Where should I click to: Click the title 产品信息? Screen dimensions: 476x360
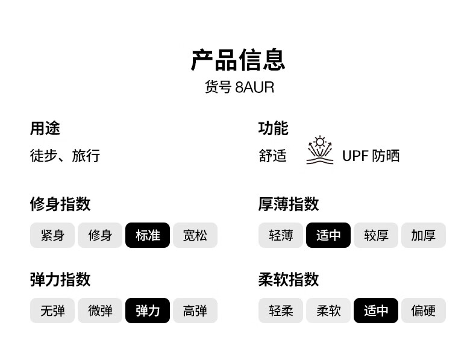pyautogui.click(x=238, y=60)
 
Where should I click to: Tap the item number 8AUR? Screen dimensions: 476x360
pyautogui.click(x=254, y=87)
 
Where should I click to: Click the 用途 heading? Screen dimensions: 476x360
pyautogui.click(x=45, y=128)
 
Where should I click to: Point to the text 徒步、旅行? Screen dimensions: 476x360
pyautogui.click(x=65, y=156)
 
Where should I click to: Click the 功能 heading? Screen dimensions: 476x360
pyautogui.click(x=273, y=128)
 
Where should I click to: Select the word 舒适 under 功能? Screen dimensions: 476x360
pyautogui.click(x=272, y=156)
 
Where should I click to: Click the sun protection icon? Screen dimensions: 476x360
pyautogui.click(x=320, y=150)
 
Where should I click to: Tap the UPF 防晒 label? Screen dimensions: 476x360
pyautogui.click(x=371, y=156)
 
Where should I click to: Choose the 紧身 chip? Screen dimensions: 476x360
pyautogui.click(x=52, y=235)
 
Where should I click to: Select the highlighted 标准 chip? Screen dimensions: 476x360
pyautogui.click(x=148, y=235)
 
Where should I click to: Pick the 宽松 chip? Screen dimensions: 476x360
pyautogui.click(x=195, y=235)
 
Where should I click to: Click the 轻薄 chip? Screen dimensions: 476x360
pyautogui.click(x=281, y=235)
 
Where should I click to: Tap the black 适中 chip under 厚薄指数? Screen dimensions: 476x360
pyautogui.click(x=328, y=235)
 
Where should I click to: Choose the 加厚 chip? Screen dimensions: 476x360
pyautogui.click(x=424, y=235)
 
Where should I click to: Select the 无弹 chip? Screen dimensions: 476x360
pyautogui.click(x=52, y=311)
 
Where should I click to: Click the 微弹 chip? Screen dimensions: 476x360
pyautogui.click(x=100, y=311)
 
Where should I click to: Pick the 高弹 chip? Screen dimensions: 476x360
pyautogui.click(x=195, y=311)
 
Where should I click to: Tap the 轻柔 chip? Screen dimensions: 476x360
pyautogui.click(x=281, y=311)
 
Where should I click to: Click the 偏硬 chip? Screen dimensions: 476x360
pyautogui.click(x=424, y=311)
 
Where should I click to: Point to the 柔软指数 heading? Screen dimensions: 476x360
pyautogui.click(x=289, y=279)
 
